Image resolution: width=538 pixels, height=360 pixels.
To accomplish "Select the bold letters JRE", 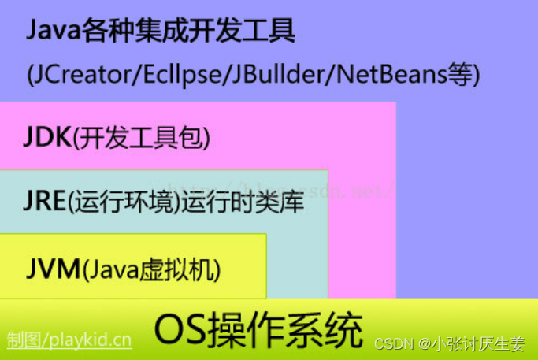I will (x=44, y=202).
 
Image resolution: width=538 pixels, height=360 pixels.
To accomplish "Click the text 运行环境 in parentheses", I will (x=122, y=203).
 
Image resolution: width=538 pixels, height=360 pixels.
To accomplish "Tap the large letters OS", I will (x=180, y=329).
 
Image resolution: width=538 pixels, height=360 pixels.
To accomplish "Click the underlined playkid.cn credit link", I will (x=69, y=340).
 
